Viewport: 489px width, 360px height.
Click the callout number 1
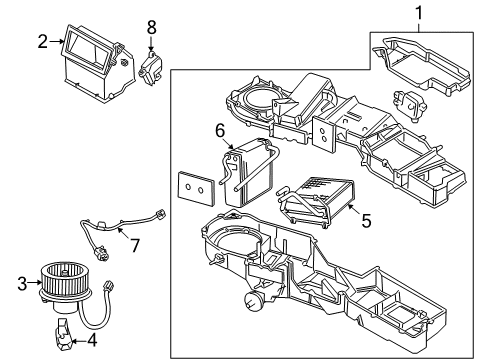[419, 14]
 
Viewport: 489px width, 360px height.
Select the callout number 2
[43, 41]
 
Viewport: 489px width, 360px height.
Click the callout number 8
[152, 27]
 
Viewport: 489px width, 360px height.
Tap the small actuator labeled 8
[153, 69]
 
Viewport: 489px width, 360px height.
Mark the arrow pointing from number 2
[56, 41]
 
